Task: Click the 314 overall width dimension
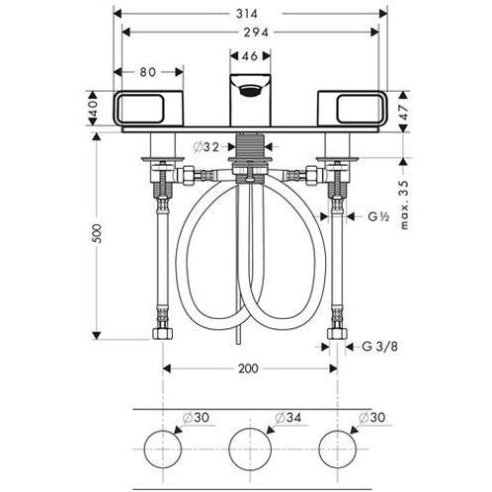pos(247,14)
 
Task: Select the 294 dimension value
pos(256,32)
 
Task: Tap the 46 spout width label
pos(250,56)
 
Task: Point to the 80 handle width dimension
pos(148,72)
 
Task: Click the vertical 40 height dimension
pos(94,108)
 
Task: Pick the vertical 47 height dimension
pos(404,112)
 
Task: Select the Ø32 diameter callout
pos(206,147)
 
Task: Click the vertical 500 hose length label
pos(97,233)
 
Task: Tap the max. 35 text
pos(404,205)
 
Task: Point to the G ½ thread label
pos(378,216)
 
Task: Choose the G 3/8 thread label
pos(379,347)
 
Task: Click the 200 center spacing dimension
pos(248,369)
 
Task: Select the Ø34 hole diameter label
pos(288,418)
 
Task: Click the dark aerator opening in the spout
pos(250,90)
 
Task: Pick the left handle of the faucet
pos(148,108)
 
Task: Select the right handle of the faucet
pos(353,108)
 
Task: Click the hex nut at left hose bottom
pos(163,334)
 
